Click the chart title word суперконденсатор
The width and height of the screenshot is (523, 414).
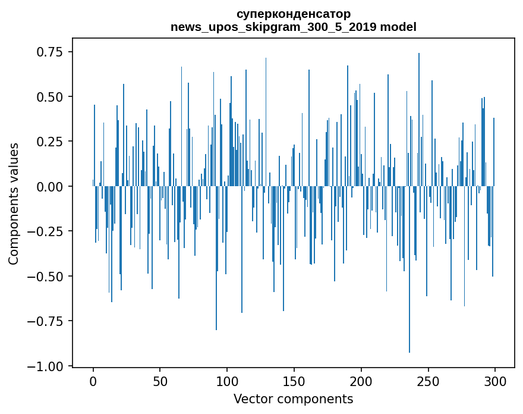click(293, 13)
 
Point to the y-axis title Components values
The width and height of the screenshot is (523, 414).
click(14, 203)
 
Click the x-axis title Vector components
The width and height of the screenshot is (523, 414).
click(293, 399)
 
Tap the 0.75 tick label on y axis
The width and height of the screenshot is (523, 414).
click(49, 52)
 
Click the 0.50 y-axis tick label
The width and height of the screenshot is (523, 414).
click(49, 96)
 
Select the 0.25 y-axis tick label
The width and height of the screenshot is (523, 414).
click(49, 142)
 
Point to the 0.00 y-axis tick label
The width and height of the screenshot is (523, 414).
click(49, 186)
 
